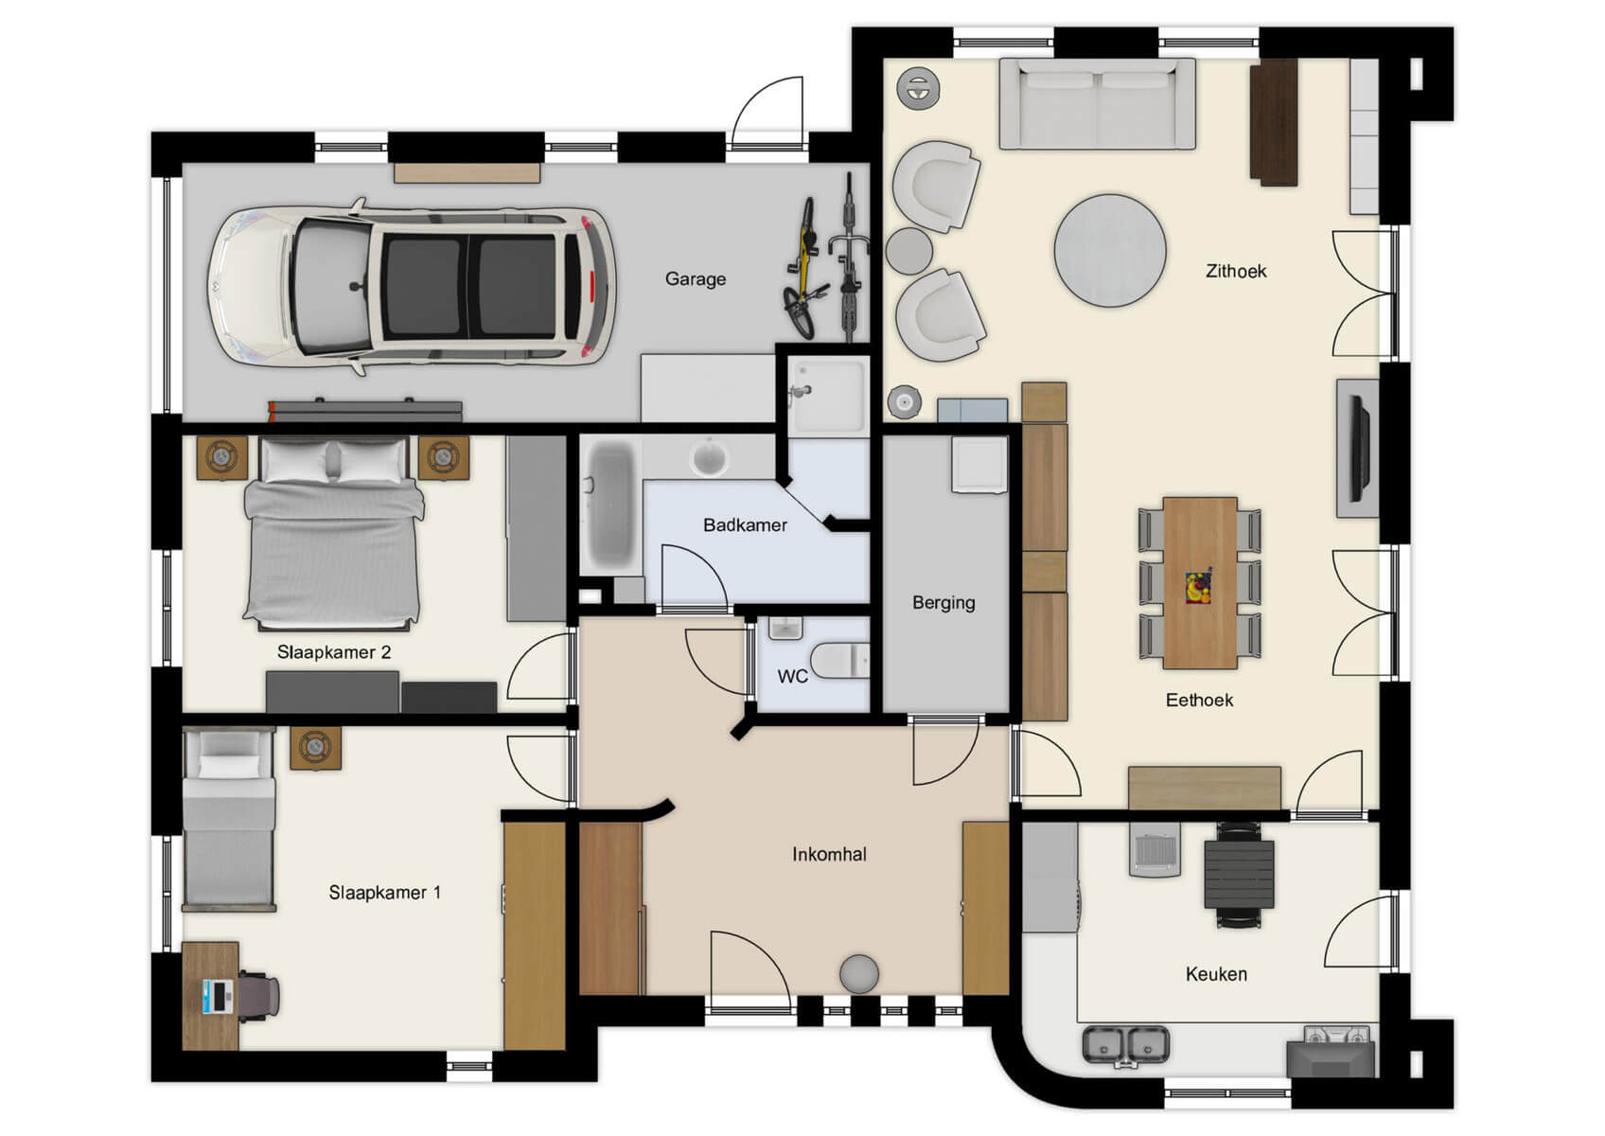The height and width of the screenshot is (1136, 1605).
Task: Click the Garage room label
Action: (x=695, y=279)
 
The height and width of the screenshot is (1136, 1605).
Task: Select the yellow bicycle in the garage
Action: (x=802, y=269)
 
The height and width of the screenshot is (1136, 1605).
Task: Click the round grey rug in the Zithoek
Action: (x=1109, y=251)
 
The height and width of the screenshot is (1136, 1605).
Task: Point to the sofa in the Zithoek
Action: (x=1097, y=104)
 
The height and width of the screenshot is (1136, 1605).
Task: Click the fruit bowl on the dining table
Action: (x=1198, y=586)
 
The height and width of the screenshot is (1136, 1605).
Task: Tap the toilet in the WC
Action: (x=840, y=660)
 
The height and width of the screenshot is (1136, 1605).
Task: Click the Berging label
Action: (x=943, y=603)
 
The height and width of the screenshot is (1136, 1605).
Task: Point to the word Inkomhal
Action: (x=829, y=855)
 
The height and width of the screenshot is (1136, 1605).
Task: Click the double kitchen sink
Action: (x=1125, y=1045)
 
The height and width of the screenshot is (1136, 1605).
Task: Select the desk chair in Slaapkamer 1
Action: (x=258, y=996)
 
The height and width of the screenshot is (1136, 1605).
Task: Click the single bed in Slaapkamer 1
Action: (x=228, y=822)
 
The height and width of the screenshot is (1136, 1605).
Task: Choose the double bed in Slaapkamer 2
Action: (x=332, y=535)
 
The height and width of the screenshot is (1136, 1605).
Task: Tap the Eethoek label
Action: (x=1198, y=701)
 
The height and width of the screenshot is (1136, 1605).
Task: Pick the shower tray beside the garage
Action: (x=828, y=396)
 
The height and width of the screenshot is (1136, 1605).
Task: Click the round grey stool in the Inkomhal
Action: (x=858, y=974)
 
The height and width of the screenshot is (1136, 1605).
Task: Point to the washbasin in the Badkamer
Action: (x=709, y=458)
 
